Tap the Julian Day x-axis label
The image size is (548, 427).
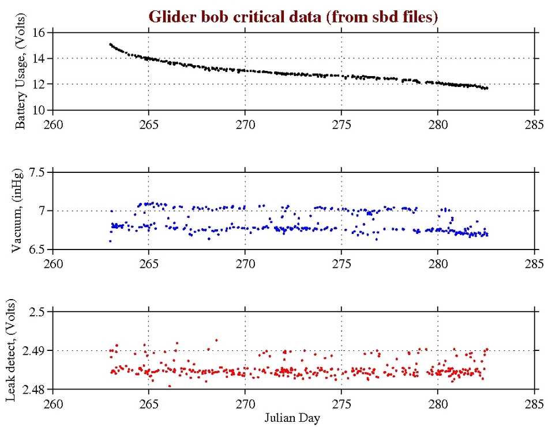(x=293, y=417)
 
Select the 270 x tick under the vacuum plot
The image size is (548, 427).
(x=245, y=263)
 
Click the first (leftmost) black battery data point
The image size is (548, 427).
(x=110, y=44)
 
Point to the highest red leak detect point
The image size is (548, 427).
(x=216, y=340)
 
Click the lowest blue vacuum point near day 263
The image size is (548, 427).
(x=110, y=241)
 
